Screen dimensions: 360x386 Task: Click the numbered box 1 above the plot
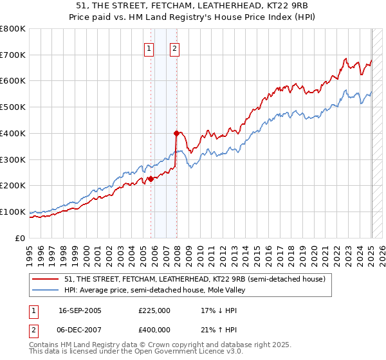pos(149,47)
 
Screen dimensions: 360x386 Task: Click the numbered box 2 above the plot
pos(175,47)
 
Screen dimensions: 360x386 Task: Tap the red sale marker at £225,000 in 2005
pos(151,179)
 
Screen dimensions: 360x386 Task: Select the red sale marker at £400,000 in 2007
pos(176,133)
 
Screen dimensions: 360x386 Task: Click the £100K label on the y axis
pos(13,212)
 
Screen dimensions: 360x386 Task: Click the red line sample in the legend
pos(45,279)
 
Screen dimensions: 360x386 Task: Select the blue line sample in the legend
pos(45,291)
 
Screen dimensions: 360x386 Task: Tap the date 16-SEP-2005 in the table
pos(80,310)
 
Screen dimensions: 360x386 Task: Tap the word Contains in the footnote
pos(46,345)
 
